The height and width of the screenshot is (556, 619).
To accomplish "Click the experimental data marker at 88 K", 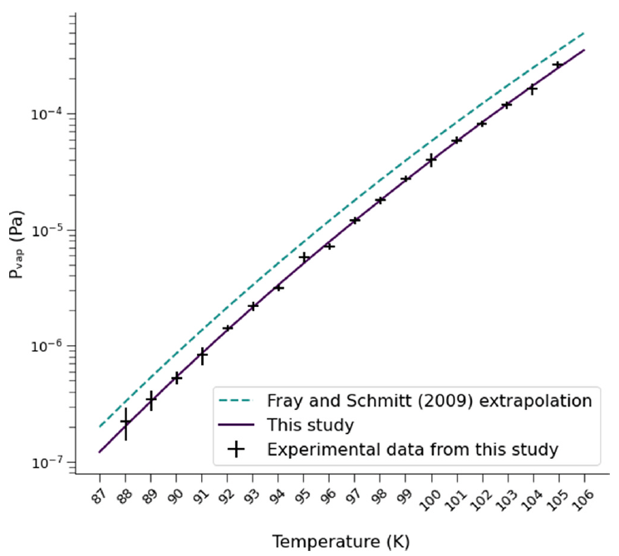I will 125,422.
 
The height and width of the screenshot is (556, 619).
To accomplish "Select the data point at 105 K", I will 558,65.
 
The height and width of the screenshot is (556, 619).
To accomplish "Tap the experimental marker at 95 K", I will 304,257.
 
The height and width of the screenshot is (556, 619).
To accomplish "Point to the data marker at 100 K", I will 431,159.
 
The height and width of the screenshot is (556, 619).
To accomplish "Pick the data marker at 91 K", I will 202,355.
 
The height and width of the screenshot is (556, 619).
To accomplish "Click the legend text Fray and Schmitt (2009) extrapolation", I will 429,401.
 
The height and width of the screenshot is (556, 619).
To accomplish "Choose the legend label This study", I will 311,425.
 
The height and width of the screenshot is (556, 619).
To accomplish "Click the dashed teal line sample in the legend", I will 236,402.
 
